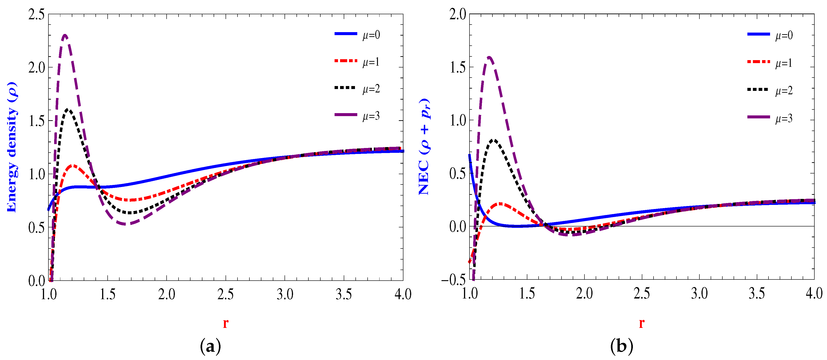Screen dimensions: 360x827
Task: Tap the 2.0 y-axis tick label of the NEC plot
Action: click(x=458, y=14)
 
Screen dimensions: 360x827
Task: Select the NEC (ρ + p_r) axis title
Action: click(x=424, y=146)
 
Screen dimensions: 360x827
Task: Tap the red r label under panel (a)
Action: click(x=226, y=323)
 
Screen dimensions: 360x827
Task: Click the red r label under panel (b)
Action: click(x=641, y=323)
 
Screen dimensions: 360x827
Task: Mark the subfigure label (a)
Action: click(x=210, y=346)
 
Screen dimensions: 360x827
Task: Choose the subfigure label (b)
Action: click(x=622, y=346)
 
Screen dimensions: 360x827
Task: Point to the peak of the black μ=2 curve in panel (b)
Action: click(x=494, y=140)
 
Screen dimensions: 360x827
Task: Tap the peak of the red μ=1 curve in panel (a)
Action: click(x=73, y=165)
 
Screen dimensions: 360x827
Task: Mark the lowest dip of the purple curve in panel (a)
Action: click(x=126, y=224)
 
